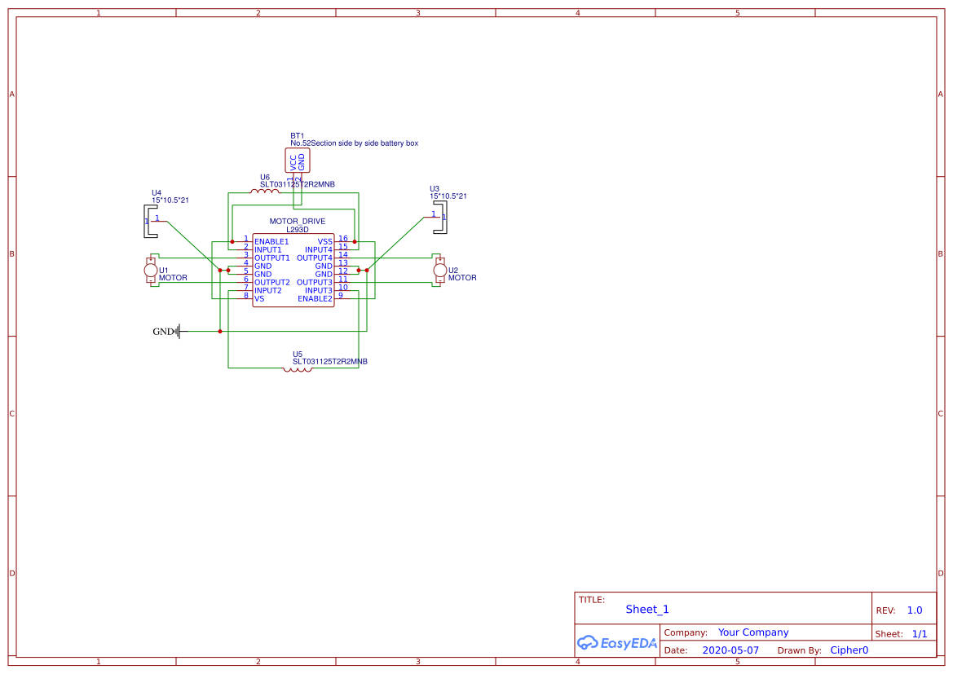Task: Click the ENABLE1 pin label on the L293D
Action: click(271, 242)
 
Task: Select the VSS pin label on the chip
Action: click(324, 242)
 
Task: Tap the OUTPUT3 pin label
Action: click(314, 283)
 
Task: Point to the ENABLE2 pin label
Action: click(315, 299)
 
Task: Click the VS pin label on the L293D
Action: click(259, 299)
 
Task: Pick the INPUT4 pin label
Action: click(318, 250)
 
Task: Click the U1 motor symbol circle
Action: click(151, 270)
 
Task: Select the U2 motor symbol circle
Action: click(440, 270)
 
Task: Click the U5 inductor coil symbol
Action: click(298, 369)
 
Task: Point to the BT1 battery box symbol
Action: click(297, 161)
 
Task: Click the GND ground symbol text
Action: click(163, 332)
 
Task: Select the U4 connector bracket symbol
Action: click(149, 221)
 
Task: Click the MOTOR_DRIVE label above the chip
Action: click(297, 222)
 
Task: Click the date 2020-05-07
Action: click(730, 650)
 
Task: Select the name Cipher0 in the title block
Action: click(849, 650)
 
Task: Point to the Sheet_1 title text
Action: click(647, 610)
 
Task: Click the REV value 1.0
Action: click(915, 610)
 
